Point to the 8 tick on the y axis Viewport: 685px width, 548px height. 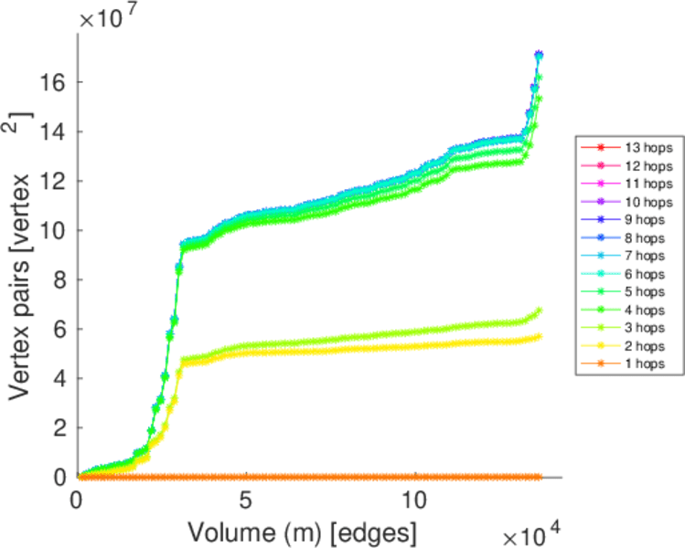click(x=57, y=279)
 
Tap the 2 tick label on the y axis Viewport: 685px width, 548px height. click(x=57, y=427)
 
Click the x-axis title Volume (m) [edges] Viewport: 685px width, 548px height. click(x=304, y=530)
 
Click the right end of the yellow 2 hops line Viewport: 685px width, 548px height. click(x=539, y=336)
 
